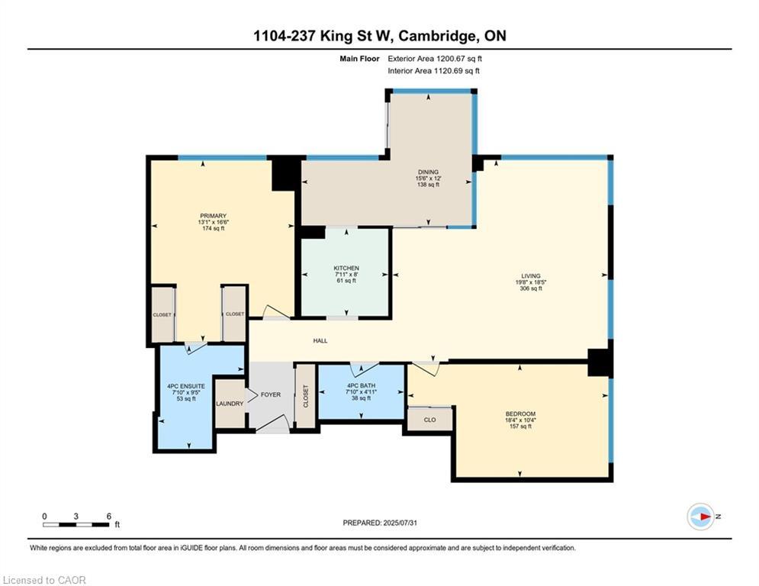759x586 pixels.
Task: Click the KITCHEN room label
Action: [x=346, y=269]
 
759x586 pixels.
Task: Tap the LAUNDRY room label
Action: [x=230, y=404]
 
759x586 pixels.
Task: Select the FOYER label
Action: [x=271, y=394]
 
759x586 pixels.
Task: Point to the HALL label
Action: [x=320, y=341]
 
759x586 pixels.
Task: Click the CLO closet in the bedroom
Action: [x=429, y=420]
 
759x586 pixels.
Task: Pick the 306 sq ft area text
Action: [x=531, y=288]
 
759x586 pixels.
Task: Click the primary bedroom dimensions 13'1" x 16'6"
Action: [x=214, y=222]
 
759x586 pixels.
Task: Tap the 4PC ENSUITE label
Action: [x=186, y=386]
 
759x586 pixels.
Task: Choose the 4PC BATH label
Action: [x=361, y=386]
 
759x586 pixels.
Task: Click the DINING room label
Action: [x=429, y=172]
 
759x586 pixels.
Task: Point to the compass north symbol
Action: [x=701, y=517]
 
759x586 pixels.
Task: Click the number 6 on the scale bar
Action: [x=109, y=517]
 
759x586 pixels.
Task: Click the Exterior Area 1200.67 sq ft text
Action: [x=435, y=59]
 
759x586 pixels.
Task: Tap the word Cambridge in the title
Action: [x=436, y=37]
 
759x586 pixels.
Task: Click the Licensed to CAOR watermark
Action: [x=44, y=580]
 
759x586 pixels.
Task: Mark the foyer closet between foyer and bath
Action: [x=305, y=396]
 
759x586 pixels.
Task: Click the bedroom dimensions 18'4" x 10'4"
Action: [x=520, y=420]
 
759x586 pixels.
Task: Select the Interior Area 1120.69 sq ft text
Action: [x=434, y=71]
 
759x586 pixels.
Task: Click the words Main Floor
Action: [x=359, y=59]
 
